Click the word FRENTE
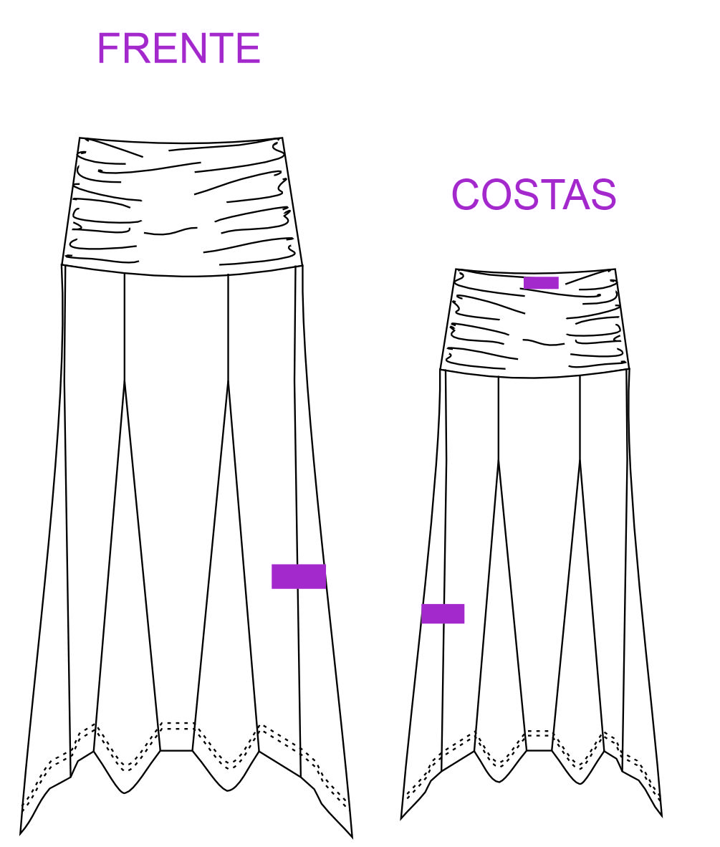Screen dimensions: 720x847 pyautogui.click(x=179, y=48)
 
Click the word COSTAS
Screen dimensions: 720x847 pyautogui.click(x=534, y=194)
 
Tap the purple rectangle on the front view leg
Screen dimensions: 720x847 pyautogui.click(x=299, y=576)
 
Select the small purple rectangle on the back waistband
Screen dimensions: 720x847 pyautogui.click(x=541, y=282)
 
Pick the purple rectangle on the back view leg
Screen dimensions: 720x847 pyautogui.click(x=443, y=613)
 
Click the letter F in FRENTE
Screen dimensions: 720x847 pyautogui.click(x=108, y=48)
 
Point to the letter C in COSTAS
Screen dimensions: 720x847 pyautogui.click(x=465, y=194)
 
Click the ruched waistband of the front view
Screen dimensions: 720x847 pyautogui.click(x=183, y=207)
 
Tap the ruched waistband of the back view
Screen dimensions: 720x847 pyautogui.click(x=535, y=323)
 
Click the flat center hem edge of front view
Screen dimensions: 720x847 pyautogui.click(x=177, y=751)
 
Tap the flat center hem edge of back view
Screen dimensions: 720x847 pyautogui.click(x=539, y=751)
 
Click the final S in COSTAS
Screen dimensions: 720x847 pyautogui.click(x=604, y=194)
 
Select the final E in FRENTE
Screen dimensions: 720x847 pyautogui.click(x=249, y=48)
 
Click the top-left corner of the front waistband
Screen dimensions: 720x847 pyautogui.click(x=80, y=138)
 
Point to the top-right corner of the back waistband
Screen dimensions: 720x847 pyautogui.click(x=615, y=269)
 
